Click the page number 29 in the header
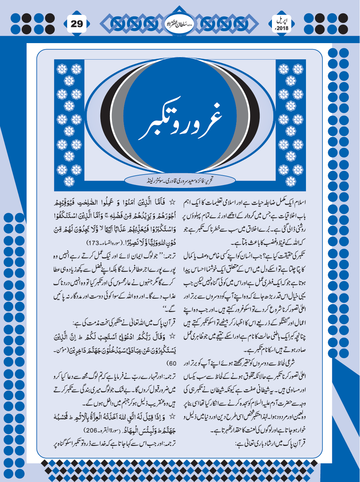point(77,24)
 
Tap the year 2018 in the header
point(282,28)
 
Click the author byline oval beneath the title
point(180,181)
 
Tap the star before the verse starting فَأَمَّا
point(172,203)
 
